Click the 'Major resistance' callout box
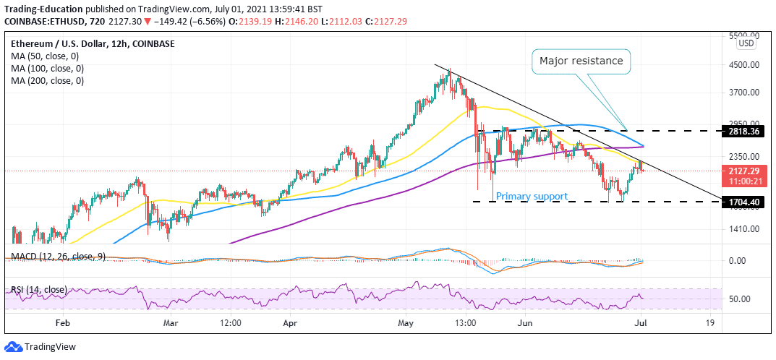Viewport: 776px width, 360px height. coord(580,61)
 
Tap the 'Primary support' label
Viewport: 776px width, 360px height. coord(532,196)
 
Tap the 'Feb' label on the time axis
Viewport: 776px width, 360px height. coord(64,323)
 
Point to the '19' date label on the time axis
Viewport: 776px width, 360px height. coord(711,323)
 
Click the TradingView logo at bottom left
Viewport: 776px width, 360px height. coord(41,347)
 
